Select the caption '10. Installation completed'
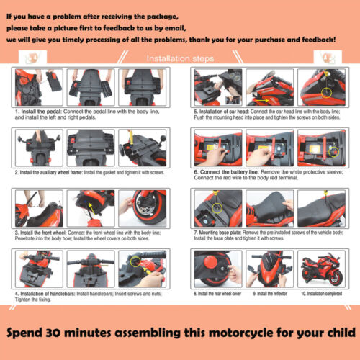point(320,295)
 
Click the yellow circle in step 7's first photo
point(215,206)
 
